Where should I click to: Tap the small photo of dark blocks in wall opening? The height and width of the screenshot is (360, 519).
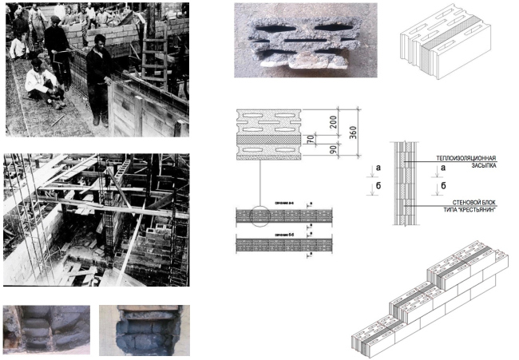tap(145, 330)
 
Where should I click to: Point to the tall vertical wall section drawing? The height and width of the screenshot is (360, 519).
tap(404, 184)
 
